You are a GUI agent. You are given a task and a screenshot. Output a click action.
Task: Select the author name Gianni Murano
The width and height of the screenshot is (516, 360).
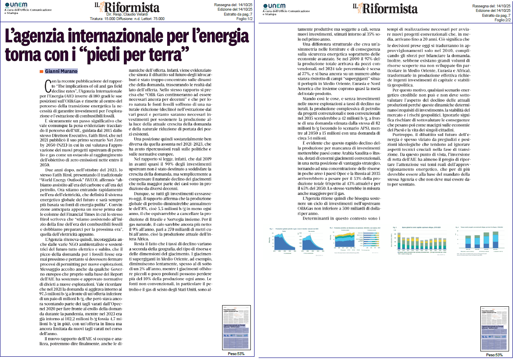click(61, 71)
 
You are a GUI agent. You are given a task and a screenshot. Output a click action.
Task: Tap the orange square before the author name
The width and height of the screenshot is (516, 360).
click(41, 71)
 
